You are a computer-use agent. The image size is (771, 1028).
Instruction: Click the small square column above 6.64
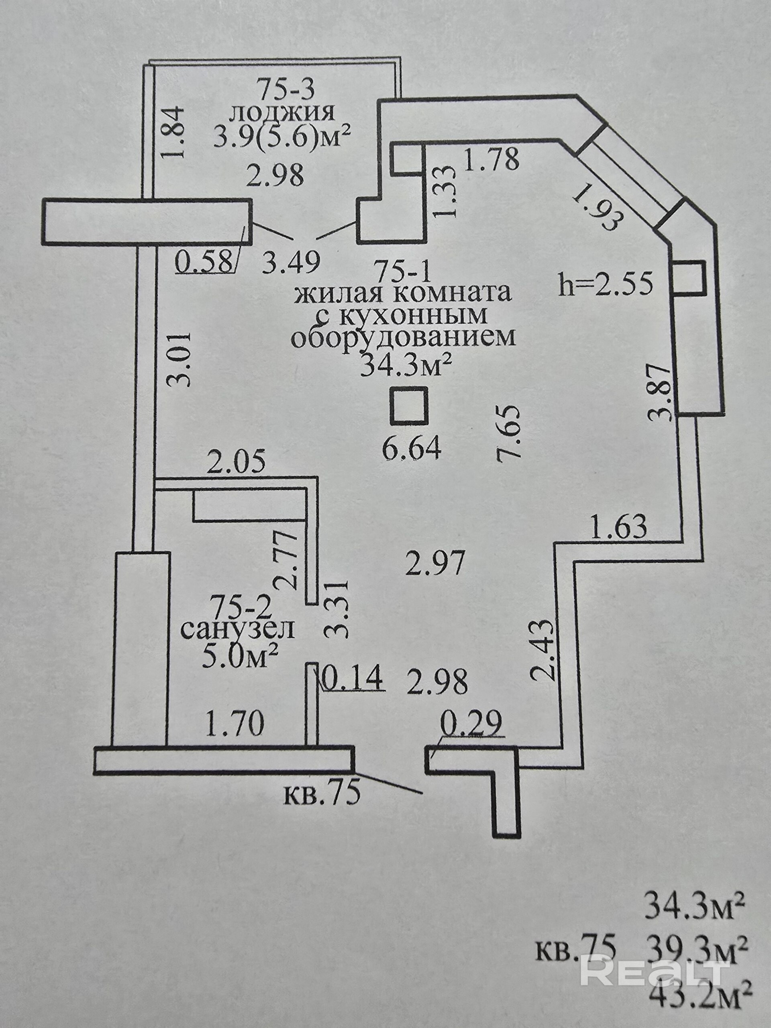[408, 406]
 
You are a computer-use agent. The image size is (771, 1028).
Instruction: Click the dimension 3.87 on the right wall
[661, 393]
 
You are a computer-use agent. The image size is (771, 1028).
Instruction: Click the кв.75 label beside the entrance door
[322, 795]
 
